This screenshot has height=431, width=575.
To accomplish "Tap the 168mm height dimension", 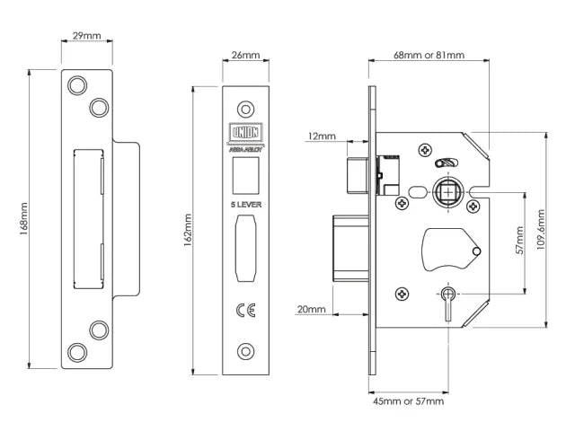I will [x=24, y=221].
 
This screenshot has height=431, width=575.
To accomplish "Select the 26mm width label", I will [x=245, y=55].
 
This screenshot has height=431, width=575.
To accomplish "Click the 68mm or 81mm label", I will [x=429, y=55].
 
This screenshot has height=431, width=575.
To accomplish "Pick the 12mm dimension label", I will [x=321, y=136].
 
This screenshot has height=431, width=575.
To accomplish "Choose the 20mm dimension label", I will [x=311, y=309].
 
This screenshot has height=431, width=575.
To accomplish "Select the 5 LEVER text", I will [x=245, y=205].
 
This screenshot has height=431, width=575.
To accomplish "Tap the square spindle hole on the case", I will [x=446, y=191].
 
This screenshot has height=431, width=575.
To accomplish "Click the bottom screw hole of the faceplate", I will [x=245, y=351].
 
